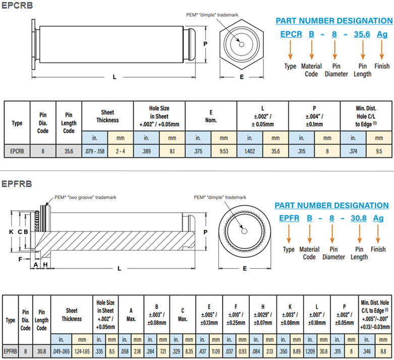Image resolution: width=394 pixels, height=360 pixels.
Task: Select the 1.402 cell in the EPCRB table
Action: pyautogui.click(x=249, y=151)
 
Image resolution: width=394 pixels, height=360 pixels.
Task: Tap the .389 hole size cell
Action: pyautogui.click(x=146, y=151)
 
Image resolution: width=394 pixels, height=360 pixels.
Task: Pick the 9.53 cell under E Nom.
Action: pyautogui.click(x=223, y=151)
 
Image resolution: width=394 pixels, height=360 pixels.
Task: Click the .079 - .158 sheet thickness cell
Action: pyautogui.click(x=94, y=151)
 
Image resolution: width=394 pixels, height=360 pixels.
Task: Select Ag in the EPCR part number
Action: pyautogui.click(x=382, y=34)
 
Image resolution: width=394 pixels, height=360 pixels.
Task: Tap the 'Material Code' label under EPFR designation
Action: pyautogui.click(x=309, y=253)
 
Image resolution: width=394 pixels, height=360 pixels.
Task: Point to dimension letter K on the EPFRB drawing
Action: pyautogui.click(x=11, y=231)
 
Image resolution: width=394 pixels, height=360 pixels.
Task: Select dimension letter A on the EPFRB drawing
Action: pyautogui.click(x=36, y=264)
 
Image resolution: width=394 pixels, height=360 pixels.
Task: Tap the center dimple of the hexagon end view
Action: pyautogui.click(x=242, y=44)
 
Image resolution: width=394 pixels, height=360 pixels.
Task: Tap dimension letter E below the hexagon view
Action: pyautogui.click(x=242, y=77)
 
